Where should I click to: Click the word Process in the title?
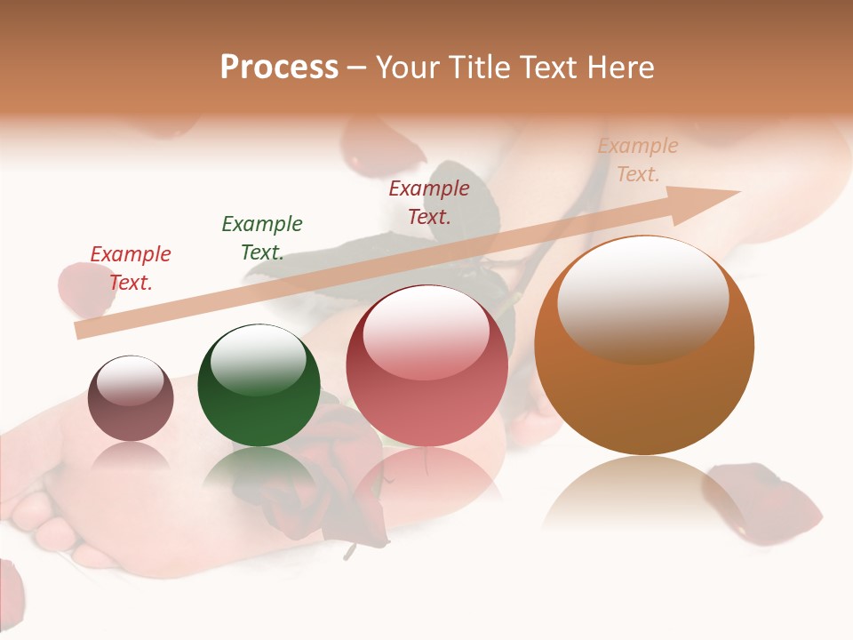(279, 68)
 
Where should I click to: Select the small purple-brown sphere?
(131, 399)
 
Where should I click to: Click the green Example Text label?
(262, 237)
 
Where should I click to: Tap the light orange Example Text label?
(638, 159)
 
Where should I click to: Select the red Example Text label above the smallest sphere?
(131, 268)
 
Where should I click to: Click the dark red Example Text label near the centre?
(429, 202)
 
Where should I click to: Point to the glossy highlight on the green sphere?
(259, 359)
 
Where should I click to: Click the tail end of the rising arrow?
(82, 330)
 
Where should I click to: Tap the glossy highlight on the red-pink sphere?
(426, 333)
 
